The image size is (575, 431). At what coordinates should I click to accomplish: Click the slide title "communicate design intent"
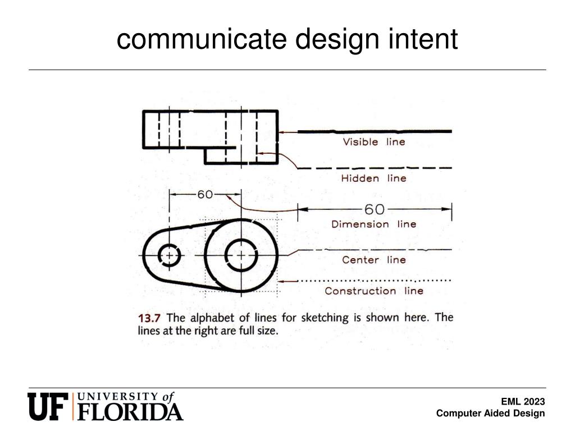tap(287, 40)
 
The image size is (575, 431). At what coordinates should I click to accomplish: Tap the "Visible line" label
tap(373, 142)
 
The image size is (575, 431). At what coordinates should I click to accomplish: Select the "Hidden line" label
tap(373, 178)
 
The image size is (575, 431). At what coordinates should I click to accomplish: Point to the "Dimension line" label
tap(373, 224)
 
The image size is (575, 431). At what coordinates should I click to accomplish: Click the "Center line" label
tap(373, 260)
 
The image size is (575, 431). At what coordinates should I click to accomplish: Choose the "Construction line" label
tap(373, 291)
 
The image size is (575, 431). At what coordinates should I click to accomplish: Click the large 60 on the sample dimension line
tap(375, 209)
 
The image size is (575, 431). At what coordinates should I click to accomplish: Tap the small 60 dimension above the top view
tap(204, 195)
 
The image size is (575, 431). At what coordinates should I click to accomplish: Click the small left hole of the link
tap(169, 256)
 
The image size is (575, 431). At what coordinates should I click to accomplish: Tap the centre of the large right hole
tap(241, 256)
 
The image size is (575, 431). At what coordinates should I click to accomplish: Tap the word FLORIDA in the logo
tap(130, 411)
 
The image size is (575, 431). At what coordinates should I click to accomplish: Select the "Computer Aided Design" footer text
tap(490, 414)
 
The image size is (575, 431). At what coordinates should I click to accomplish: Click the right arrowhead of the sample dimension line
tap(448, 209)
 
